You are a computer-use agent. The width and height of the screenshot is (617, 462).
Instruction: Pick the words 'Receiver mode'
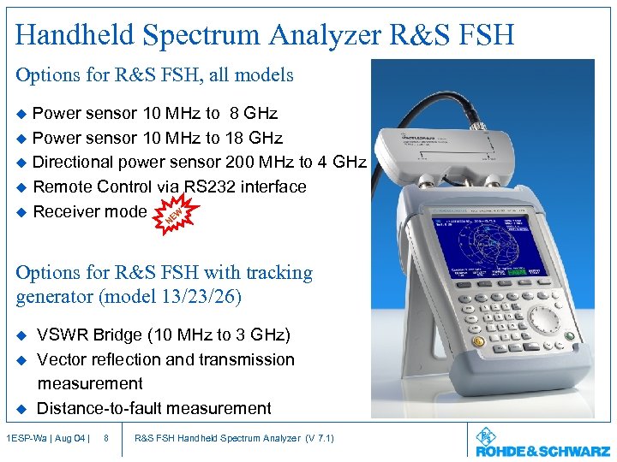(89, 211)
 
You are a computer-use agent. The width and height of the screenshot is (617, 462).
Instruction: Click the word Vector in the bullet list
(63, 359)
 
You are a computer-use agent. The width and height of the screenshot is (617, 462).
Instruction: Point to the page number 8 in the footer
(105, 439)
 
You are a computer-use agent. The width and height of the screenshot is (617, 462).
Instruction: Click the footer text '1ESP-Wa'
(26, 439)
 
